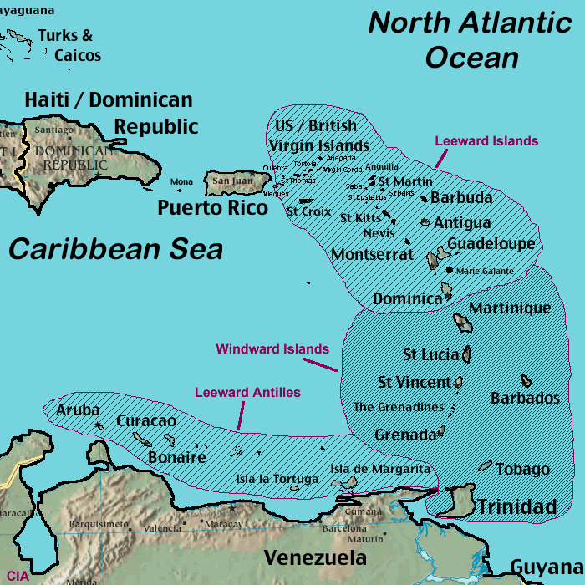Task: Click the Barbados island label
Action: [525, 398]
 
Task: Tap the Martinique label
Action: [510, 308]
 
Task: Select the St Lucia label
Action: [430, 355]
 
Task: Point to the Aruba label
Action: [78, 410]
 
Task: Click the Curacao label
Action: [146, 420]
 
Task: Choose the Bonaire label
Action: [176, 457]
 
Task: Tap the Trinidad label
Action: [516, 506]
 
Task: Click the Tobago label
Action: [523, 470]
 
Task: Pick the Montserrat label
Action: [372, 254]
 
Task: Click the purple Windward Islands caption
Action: [272, 348]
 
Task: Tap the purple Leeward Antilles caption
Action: [247, 392]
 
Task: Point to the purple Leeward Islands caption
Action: [486, 141]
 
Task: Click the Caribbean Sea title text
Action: [115, 249]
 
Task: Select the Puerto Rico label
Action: [213, 207]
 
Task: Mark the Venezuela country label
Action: [315, 558]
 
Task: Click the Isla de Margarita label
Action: [380, 469]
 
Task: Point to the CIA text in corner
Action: [18, 576]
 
